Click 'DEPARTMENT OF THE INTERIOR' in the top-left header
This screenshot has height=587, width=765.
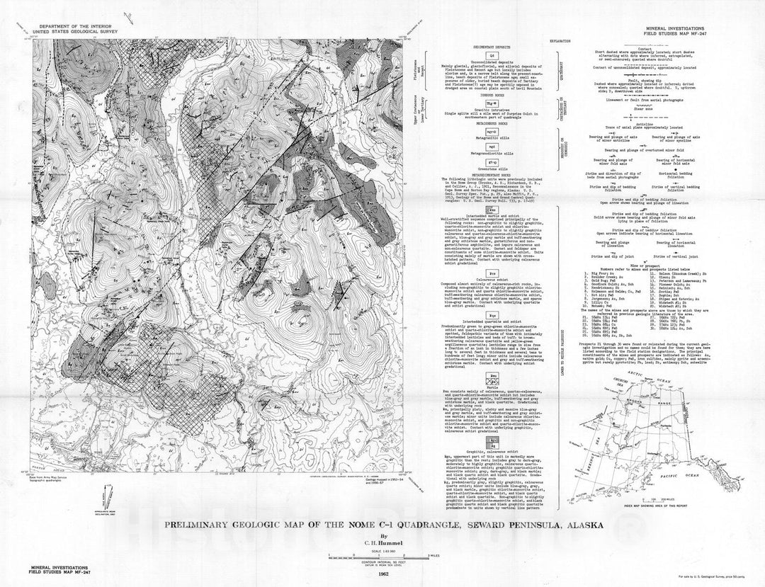tap(50, 24)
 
